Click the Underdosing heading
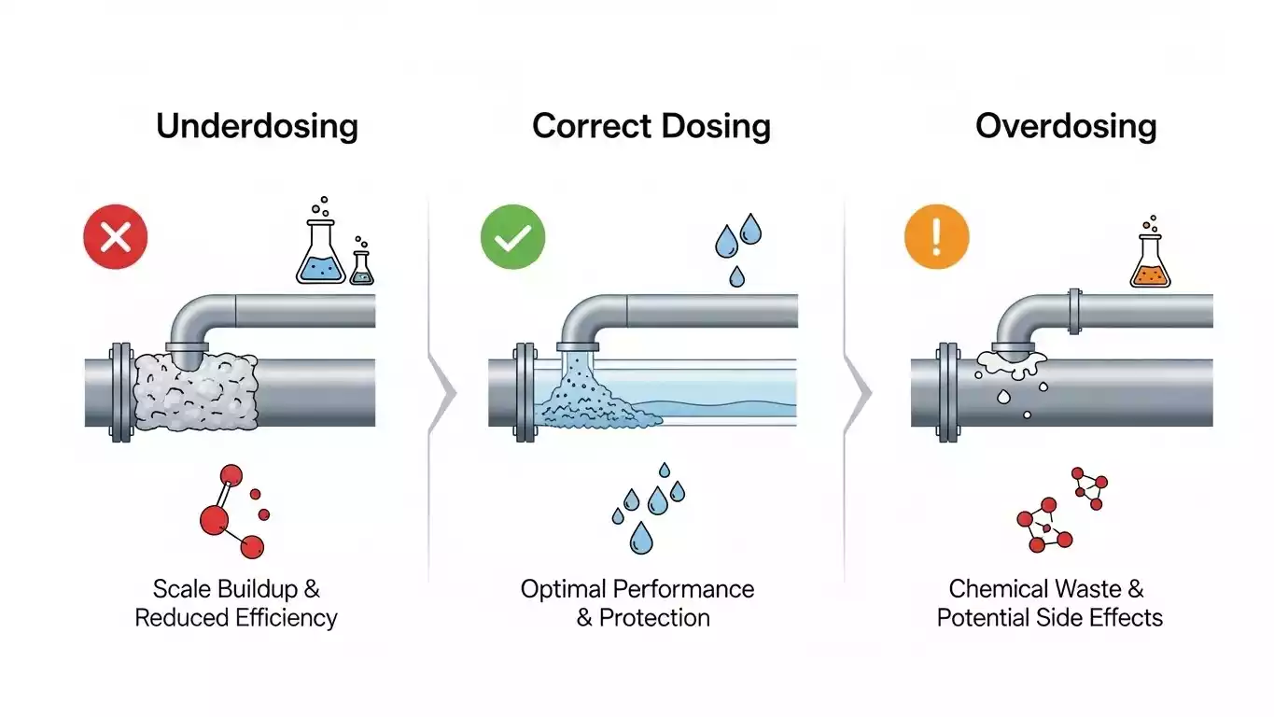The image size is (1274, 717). (x=257, y=126)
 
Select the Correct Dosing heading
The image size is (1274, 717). (x=651, y=126)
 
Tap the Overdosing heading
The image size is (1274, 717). (x=1066, y=126)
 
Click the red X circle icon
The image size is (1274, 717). (x=116, y=238)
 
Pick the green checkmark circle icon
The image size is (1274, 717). (x=512, y=238)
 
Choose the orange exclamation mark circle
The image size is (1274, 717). (x=937, y=238)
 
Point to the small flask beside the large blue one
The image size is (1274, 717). (x=361, y=267)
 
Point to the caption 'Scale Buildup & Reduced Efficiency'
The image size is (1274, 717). (x=236, y=603)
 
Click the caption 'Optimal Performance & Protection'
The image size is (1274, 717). (x=637, y=603)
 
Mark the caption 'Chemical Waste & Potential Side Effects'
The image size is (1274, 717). (x=1049, y=603)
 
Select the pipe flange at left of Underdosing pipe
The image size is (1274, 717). (x=120, y=392)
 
